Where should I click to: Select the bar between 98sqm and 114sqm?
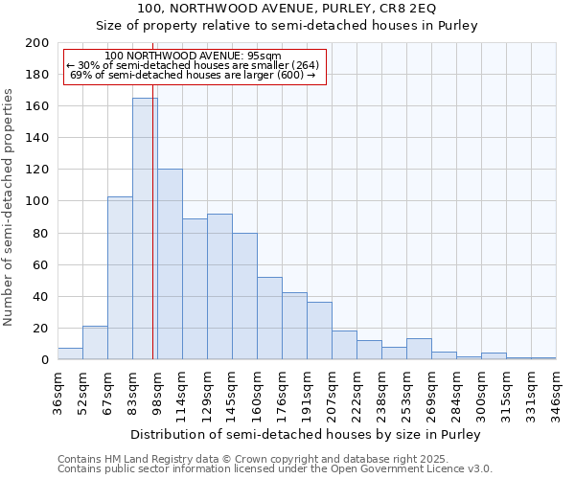point(170,263)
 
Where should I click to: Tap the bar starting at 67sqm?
point(120,278)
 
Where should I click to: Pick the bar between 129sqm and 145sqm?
point(219,286)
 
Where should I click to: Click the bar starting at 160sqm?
point(269,318)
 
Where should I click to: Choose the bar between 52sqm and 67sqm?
point(95,343)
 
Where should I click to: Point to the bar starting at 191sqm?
point(319,331)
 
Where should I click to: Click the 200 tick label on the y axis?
point(37,43)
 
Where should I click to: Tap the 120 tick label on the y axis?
point(37,170)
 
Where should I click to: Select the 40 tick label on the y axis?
point(41,296)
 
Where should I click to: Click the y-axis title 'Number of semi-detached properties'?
point(10,207)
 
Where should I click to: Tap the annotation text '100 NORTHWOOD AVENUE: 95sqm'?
point(194,57)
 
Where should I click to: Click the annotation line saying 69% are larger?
point(194,75)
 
